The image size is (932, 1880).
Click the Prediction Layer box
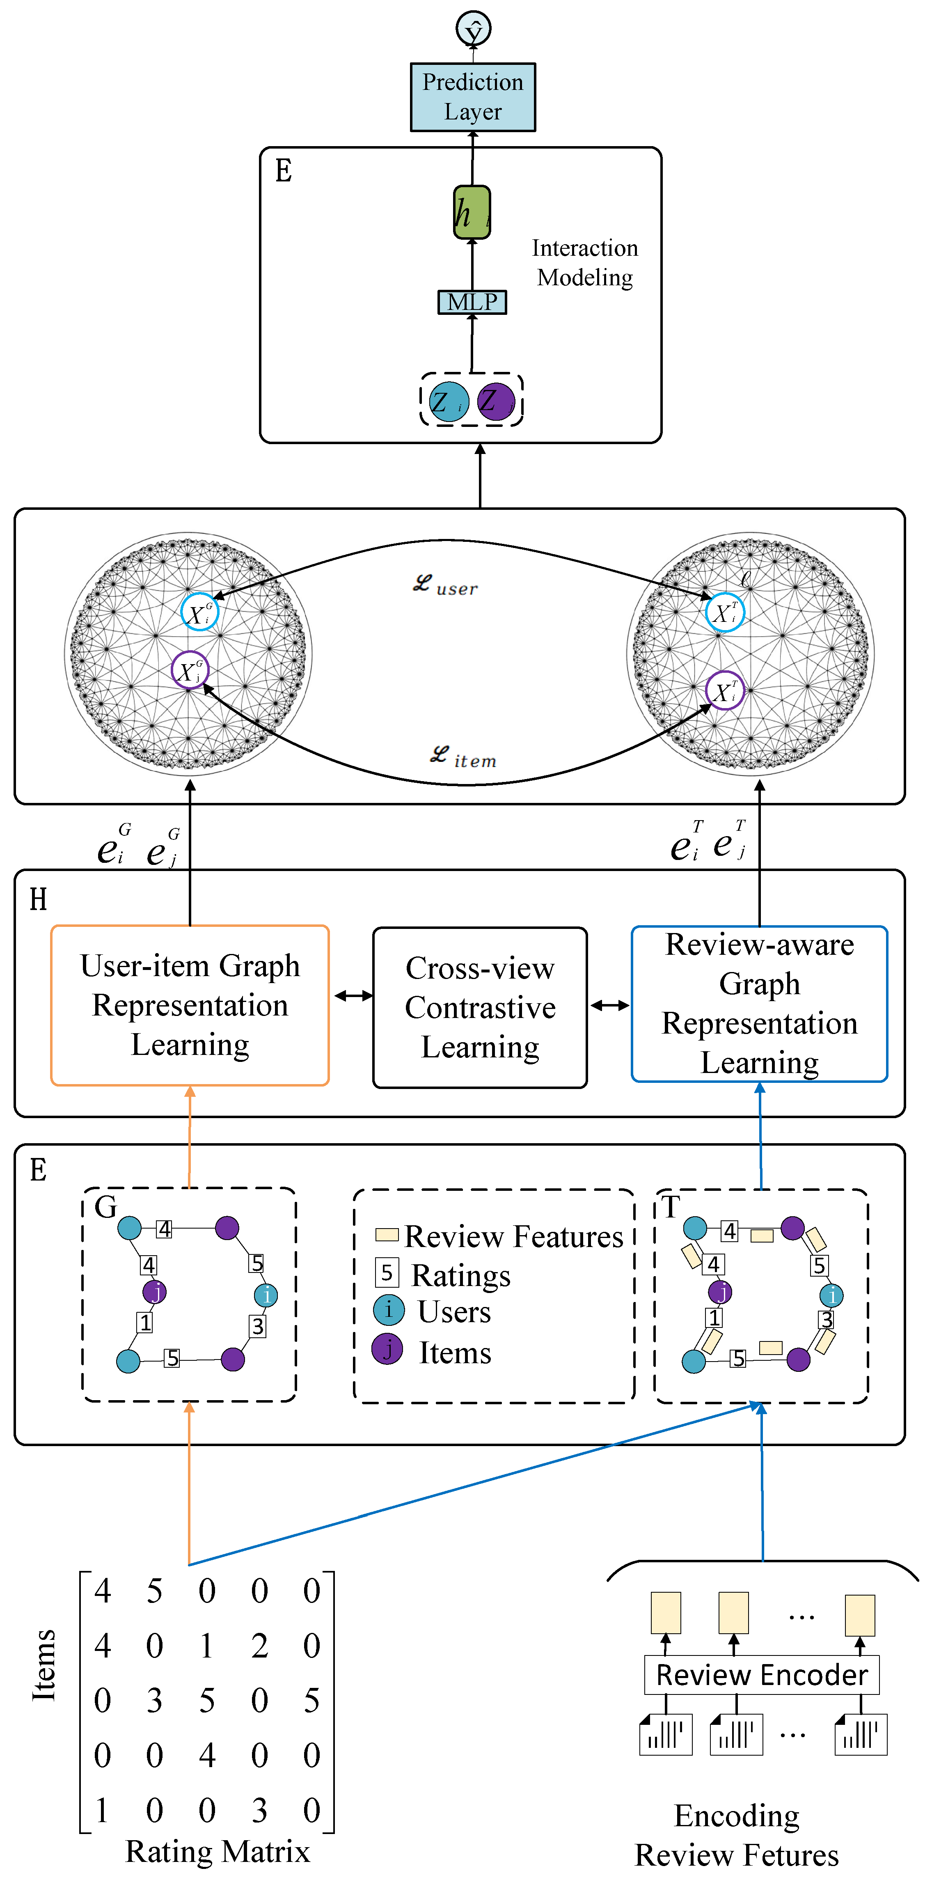(x=472, y=97)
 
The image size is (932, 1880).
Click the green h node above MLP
(x=472, y=212)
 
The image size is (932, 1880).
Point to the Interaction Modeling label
(x=584, y=263)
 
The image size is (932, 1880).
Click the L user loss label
(x=445, y=585)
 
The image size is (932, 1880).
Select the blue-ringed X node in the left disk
(x=199, y=612)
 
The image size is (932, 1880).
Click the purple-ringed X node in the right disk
(x=725, y=690)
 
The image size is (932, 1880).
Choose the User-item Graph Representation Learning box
(x=190, y=1005)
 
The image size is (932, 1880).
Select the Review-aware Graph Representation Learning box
(x=759, y=1004)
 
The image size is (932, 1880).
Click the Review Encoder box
(x=761, y=1674)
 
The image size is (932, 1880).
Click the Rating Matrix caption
(x=218, y=1851)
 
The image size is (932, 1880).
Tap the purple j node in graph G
(x=155, y=1292)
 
